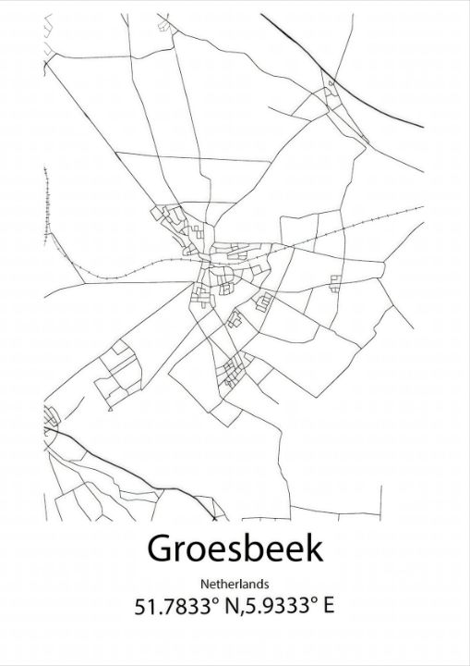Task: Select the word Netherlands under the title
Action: click(234, 584)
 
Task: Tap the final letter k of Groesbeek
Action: click(315, 548)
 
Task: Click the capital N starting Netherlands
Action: click(203, 584)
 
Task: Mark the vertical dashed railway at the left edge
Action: click(45, 199)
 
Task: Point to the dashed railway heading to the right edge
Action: click(369, 222)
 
